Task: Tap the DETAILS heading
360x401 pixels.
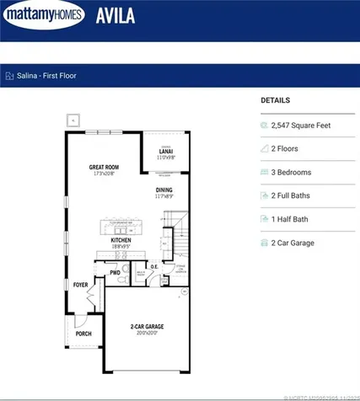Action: click(x=275, y=99)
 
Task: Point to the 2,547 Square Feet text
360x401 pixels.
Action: click(x=300, y=126)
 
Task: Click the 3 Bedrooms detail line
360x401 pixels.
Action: click(x=291, y=173)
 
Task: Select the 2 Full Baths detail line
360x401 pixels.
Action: click(x=291, y=195)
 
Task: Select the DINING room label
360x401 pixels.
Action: click(x=164, y=191)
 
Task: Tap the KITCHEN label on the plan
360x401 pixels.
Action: click(x=121, y=241)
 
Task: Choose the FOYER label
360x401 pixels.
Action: click(x=80, y=285)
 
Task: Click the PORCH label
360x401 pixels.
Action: click(x=84, y=334)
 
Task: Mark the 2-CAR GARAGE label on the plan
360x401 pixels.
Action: click(x=147, y=327)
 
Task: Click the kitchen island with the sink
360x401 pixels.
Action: click(x=127, y=227)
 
